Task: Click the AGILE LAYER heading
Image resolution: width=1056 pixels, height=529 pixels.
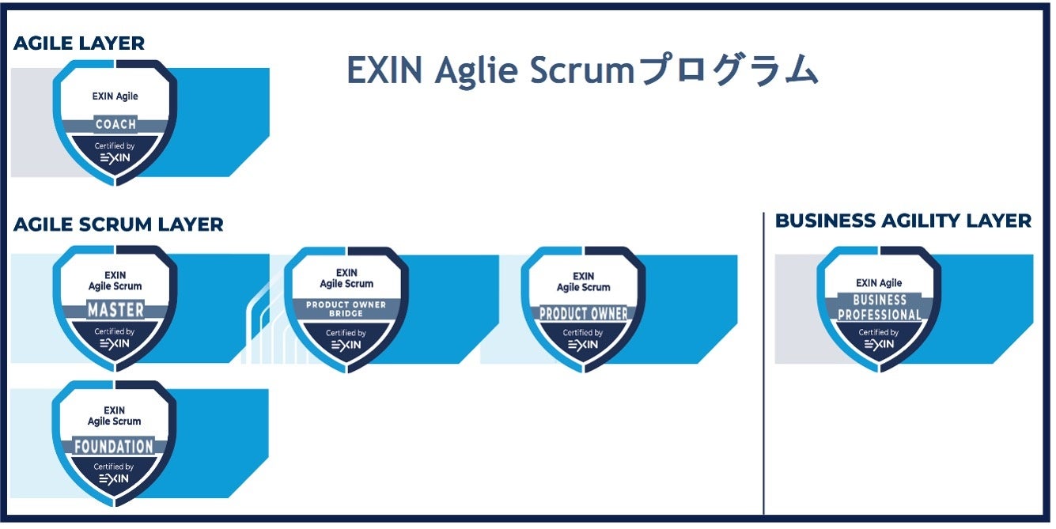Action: [79, 43]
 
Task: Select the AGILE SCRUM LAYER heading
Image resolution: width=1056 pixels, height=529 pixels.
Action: [119, 225]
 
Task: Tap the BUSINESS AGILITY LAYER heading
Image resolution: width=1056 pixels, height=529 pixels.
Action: [903, 221]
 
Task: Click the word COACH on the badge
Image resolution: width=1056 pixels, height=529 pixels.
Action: [115, 124]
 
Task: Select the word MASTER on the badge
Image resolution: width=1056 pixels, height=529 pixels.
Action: [115, 308]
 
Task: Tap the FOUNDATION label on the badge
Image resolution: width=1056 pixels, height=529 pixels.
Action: [114, 446]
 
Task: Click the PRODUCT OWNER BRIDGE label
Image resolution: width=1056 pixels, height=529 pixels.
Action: [346, 309]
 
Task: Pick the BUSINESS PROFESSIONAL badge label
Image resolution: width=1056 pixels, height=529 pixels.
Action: [880, 308]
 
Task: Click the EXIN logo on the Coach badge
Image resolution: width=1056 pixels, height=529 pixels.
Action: [115, 158]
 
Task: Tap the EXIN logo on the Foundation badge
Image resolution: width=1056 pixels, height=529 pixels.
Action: [115, 479]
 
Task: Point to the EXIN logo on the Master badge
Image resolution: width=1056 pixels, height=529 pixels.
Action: [115, 343]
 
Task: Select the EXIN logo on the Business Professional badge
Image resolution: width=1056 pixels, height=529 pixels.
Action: [879, 345]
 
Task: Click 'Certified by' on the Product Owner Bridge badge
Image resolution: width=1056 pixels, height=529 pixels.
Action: [346, 333]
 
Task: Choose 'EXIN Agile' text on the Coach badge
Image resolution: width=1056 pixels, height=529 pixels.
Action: [115, 96]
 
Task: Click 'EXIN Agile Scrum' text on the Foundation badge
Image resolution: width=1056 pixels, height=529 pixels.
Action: [115, 416]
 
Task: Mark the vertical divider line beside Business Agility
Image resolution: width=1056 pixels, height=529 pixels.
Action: [764, 364]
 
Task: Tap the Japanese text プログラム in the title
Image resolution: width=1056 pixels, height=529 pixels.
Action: [728, 71]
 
